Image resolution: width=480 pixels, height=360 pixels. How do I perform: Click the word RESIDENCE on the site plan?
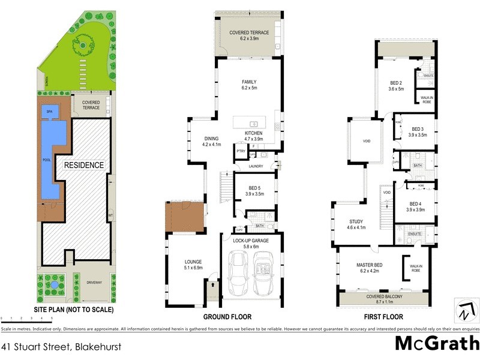click(x=85, y=165)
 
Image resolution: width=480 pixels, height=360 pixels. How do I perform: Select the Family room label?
click(x=248, y=85)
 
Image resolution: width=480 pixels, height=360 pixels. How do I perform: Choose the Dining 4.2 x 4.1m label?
click(x=212, y=141)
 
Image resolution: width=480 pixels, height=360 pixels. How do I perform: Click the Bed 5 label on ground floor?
click(x=255, y=191)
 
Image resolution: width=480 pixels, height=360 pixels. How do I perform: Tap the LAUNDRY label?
click(x=257, y=166)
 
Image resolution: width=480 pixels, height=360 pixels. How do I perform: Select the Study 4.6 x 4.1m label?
click(x=356, y=225)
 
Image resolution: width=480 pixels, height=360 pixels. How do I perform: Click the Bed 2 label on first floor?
click(x=397, y=86)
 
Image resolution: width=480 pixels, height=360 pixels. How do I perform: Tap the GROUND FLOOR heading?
click(x=227, y=317)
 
